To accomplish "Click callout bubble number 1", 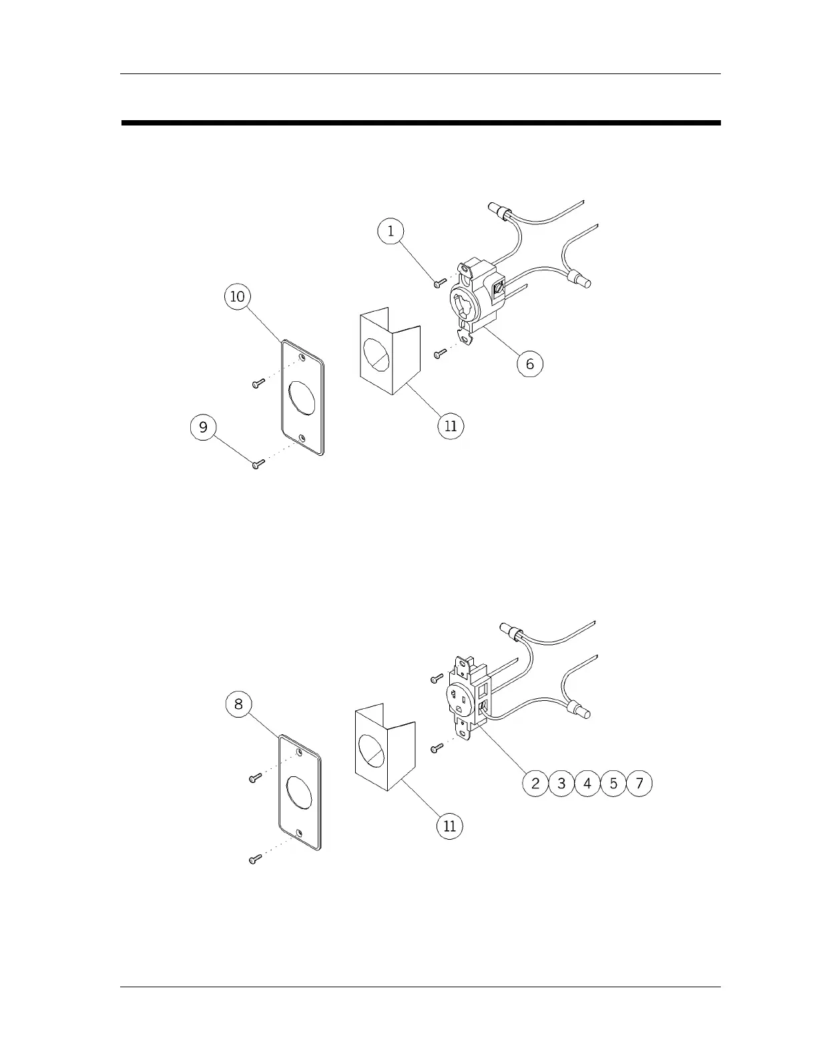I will point(390,231).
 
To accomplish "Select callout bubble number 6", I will point(530,364).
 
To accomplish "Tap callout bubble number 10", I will point(238,296).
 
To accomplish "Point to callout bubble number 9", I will point(204,427).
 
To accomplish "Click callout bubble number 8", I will point(239,704).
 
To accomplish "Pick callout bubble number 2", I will point(535,783).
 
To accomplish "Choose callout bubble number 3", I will point(561,783).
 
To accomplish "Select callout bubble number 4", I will point(587,783).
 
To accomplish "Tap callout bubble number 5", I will point(613,783).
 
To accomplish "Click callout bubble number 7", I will point(639,783).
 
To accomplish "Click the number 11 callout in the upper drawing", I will point(451,425).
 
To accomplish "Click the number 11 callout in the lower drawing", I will point(449,826).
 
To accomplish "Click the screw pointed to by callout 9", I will point(257,465).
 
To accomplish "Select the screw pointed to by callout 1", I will point(439,283).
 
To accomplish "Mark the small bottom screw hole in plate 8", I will point(299,832).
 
